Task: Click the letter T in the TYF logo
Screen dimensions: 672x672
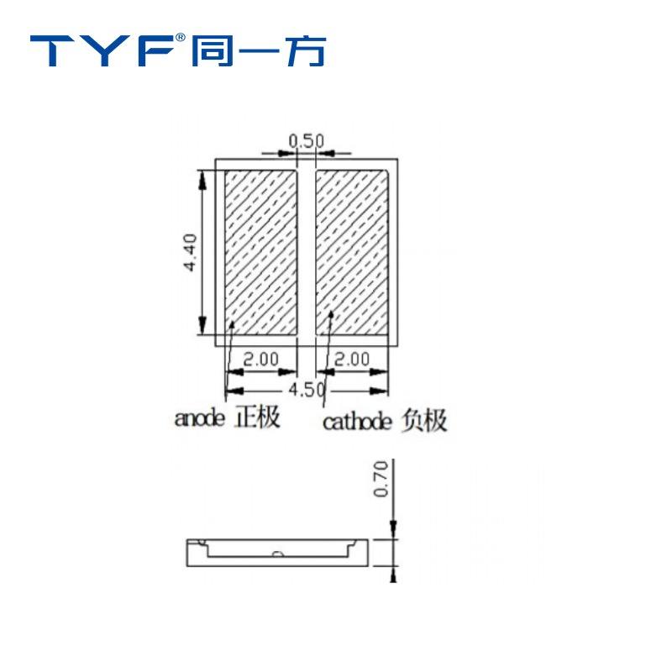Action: [x=52, y=51]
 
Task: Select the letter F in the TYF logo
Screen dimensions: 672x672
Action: [x=155, y=51]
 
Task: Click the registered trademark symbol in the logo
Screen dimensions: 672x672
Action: [x=181, y=38]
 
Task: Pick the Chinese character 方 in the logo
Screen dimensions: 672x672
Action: [x=306, y=51]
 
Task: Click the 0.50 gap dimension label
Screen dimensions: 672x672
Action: [x=306, y=140]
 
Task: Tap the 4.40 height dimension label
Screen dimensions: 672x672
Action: [x=190, y=252]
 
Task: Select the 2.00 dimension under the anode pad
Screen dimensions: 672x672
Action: [x=261, y=360]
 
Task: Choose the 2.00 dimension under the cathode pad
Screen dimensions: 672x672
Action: [x=351, y=360]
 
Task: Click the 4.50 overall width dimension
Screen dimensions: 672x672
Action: [x=307, y=390]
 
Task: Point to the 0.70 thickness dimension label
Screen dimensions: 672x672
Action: [x=381, y=479]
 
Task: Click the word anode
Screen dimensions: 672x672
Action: [x=199, y=417]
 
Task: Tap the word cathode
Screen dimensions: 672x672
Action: [x=357, y=422]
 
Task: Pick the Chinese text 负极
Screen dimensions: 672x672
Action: [x=424, y=421]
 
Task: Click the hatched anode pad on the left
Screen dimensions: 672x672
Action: [x=261, y=253]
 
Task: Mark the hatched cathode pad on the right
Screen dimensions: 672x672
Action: [x=352, y=253]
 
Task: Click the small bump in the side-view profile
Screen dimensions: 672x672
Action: [x=277, y=554]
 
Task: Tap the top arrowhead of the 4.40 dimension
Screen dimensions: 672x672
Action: [x=202, y=180]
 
